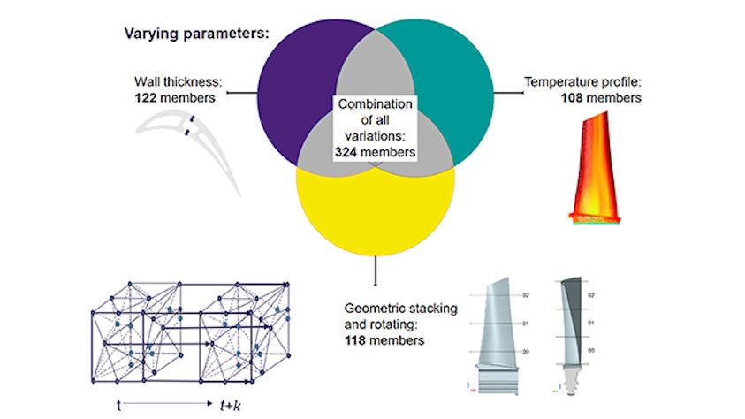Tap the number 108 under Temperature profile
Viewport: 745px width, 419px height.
click(x=575, y=98)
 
